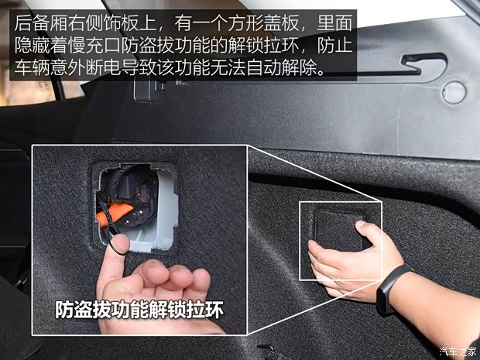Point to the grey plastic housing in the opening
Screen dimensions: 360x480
155,232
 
